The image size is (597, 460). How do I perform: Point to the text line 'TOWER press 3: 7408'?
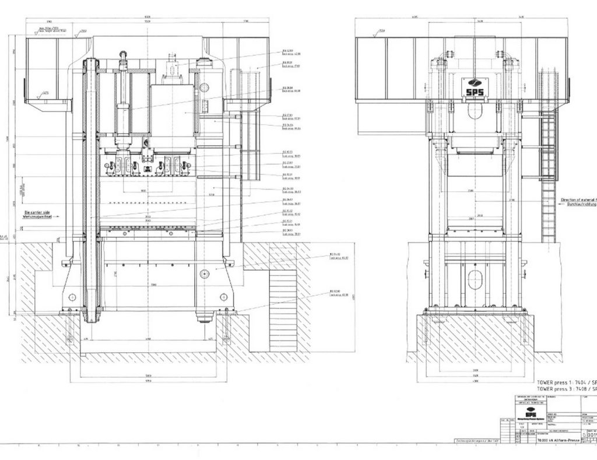pyautogui.click(x=563, y=388)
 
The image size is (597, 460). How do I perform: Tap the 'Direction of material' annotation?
pyautogui.click(x=577, y=200)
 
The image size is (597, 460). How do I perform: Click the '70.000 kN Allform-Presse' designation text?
pyautogui.click(x=558, y=440)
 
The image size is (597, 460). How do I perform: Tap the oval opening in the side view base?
pyautogui.click(x=475, y=279)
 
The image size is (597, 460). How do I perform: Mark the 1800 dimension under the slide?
pyautogui.click(x=142, y=191)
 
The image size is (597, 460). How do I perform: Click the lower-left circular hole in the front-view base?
pyautogui.click(x=72, y=297)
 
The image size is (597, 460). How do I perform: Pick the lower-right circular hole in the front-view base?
pyautogui.click(x=223, y=297)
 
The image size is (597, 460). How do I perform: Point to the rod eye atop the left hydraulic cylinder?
pyautogui.click(x=123, y=55)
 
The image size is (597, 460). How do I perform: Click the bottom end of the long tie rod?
pyautogui.click(x=91, y=318)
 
